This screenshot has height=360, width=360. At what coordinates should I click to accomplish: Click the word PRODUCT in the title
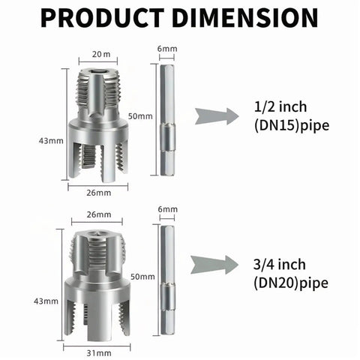coord(102,18)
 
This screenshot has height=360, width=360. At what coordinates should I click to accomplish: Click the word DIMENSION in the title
coord(245,18)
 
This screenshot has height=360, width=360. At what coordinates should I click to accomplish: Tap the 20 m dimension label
coord(101,54)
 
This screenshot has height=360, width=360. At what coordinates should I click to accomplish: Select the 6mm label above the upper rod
coord(167,49)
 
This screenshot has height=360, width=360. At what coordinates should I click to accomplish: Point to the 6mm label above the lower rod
coord(167,209)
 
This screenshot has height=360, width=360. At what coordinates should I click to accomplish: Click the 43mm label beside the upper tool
coord(51,141)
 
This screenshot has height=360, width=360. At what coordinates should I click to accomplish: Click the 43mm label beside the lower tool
coord(46,301)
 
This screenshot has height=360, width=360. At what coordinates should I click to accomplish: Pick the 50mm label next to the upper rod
coord(140,116)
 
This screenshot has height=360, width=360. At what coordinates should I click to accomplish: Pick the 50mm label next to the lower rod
coord(142,277)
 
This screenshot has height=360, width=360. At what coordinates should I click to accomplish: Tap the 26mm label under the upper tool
coord(99,193)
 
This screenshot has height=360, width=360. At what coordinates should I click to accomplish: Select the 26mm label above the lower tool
coord(99,214)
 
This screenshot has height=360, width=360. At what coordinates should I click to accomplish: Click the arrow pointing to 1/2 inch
coord(217,116)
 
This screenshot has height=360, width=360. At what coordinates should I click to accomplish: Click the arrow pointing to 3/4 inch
coord(214,265)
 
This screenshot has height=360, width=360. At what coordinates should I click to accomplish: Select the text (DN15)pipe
coord(292,125)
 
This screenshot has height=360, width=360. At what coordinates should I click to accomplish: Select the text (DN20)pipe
coord(291,283)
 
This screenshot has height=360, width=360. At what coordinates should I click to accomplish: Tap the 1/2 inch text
coord(280,106)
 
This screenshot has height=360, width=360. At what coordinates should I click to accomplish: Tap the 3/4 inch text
coord(280,265)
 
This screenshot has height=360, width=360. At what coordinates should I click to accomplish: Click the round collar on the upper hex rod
coord(167,137)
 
